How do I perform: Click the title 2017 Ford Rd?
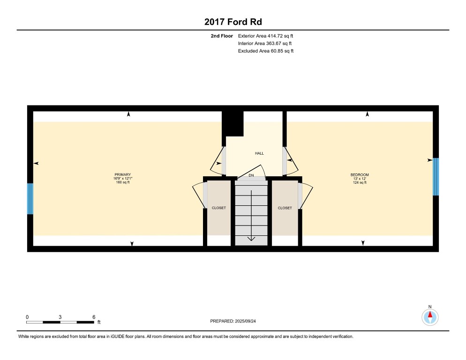(x=233, y=22)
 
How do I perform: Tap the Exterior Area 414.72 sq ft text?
(x=265, y=36)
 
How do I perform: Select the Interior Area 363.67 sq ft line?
(x=265, y=43)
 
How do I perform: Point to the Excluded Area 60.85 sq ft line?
(x=265, y=51)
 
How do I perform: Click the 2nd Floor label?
(x=221, y=36)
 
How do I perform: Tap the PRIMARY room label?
(x=123, y=174)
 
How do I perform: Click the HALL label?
(x=259, y=153)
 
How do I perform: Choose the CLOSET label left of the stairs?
(x=219, y=208)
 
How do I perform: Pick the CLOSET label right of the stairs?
(x=285, y=208)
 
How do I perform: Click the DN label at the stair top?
(x=251, y=176)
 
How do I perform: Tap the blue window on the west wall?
(x=30, y=199)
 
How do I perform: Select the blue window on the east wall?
(x=436, y=177)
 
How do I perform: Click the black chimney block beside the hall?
(x=233, y=123)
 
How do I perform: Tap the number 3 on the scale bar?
(x=60, y=316)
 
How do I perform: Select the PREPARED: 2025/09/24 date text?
(x=233, y=321)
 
